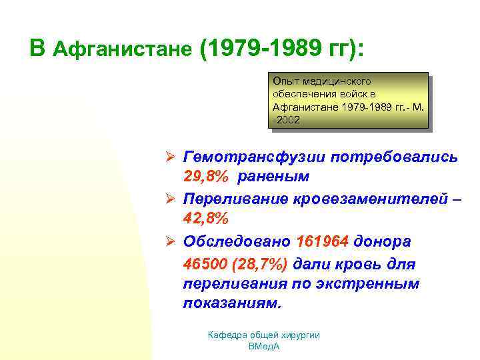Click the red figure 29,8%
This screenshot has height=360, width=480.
205,177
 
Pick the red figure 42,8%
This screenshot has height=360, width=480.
205,219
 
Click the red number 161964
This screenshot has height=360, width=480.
323,241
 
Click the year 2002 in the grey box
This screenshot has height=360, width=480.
288,120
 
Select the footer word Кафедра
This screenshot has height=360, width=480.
229,335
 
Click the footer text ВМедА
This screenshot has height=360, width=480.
263,347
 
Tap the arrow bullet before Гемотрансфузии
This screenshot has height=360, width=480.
170,158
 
